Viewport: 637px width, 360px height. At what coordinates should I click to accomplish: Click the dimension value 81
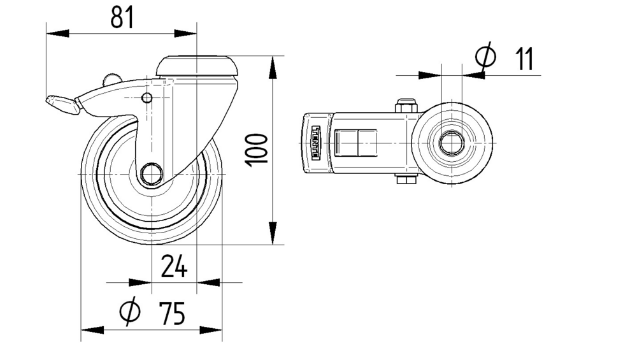coord(122,18)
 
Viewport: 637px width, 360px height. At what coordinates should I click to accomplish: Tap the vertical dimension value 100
coord(256,150)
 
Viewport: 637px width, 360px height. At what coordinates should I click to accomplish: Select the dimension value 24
coord(174,266)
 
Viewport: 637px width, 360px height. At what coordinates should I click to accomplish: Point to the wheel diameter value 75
coord(172,313)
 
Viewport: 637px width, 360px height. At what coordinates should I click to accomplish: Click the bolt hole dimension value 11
coord(524,59)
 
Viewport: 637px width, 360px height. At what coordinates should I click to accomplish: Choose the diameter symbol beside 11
coord(485,55)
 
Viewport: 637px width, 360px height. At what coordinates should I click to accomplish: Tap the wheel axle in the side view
coord(152,174)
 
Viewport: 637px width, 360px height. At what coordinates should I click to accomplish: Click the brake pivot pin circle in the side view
coord(147,98)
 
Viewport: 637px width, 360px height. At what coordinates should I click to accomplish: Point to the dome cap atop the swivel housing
coord(197,66)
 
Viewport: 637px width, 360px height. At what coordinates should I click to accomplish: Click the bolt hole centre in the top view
coord(452,143)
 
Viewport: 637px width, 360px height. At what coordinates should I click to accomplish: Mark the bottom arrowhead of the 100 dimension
coord(273,233)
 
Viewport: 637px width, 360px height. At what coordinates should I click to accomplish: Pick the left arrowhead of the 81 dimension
coord(58,33)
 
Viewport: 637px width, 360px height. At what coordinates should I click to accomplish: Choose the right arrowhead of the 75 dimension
coord(211,330)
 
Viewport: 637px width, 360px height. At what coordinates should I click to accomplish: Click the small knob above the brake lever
coord(112,79)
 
